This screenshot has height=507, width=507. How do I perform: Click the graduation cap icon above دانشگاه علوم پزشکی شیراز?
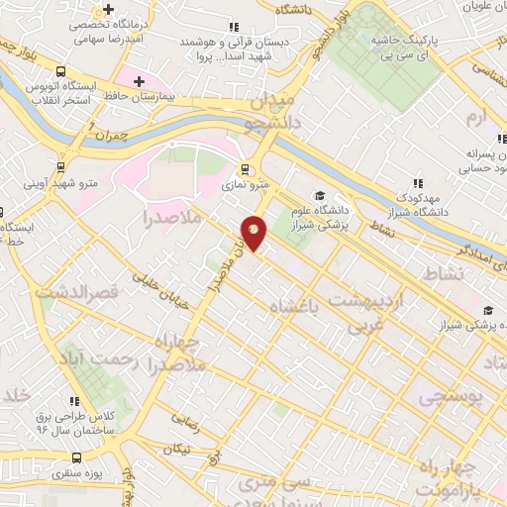click(x=319, y=194)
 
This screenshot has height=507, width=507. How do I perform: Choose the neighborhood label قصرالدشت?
click(x=77, y=293)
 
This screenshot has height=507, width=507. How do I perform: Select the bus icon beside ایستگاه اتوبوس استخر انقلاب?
click(x=61, y=72)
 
